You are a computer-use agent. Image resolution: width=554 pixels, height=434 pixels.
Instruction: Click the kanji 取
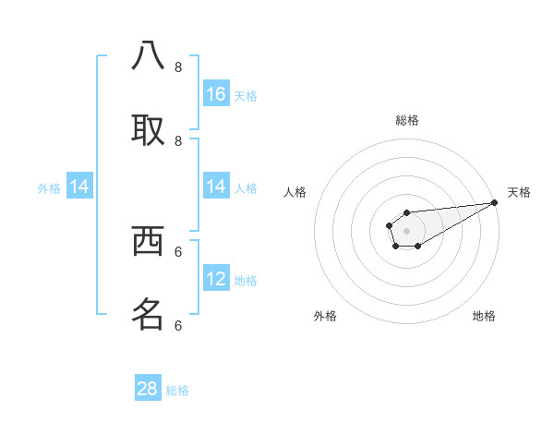[149, 129]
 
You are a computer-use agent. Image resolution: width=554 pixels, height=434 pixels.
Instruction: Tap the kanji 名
[149, 314]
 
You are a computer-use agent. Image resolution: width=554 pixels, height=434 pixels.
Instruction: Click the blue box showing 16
[216, 94]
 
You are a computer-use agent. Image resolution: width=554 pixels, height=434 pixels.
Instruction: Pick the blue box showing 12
[216, 279]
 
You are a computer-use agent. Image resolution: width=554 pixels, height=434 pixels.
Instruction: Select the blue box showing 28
[148, 389]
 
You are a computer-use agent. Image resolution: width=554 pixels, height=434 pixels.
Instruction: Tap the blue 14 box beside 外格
[79, 187]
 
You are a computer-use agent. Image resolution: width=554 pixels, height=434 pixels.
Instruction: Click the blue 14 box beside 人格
[216, 187]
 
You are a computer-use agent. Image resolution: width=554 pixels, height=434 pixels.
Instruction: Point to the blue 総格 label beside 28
[178, 391]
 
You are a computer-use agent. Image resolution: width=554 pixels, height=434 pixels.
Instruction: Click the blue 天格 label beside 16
[246, 95]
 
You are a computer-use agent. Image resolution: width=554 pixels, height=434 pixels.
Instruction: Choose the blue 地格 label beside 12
[246, 280]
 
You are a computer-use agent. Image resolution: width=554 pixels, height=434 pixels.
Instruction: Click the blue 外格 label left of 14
[49, 187]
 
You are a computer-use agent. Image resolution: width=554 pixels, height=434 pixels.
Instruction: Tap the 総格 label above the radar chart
[407, 120]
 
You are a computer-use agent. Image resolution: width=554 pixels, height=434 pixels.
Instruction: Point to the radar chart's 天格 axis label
[520, 192]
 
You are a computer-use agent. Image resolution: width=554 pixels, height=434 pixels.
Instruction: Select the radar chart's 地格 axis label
[484, 316]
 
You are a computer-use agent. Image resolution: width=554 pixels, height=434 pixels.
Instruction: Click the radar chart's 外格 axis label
[325, 316]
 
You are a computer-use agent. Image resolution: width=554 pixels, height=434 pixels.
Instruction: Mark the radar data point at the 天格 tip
[495, 202]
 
